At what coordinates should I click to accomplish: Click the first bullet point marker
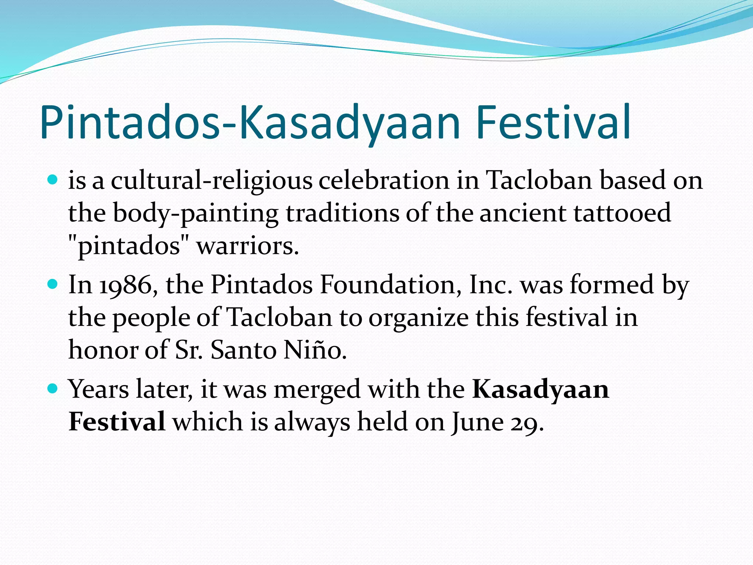(x=53, y=180)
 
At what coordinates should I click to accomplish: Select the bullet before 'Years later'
(x=53, y=388)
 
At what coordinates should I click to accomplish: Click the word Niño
(x=315, y=350)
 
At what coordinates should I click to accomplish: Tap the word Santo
(x=243, y=350)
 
